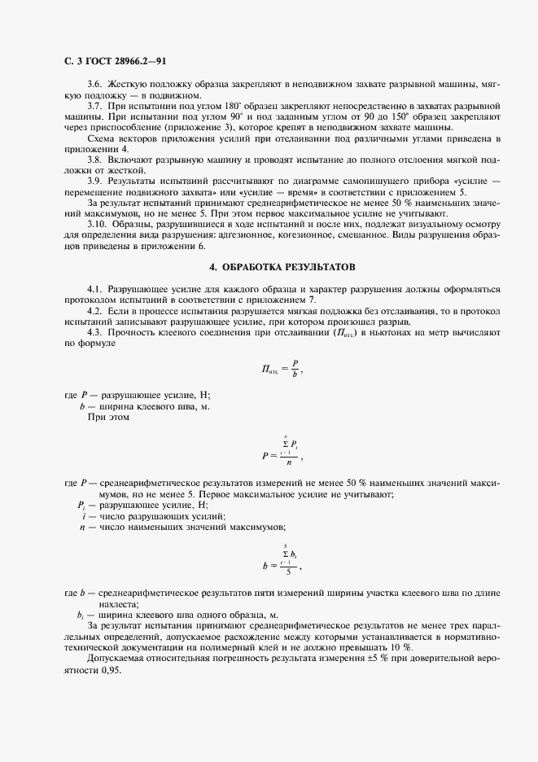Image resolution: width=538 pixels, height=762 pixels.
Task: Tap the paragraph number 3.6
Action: point(96,84)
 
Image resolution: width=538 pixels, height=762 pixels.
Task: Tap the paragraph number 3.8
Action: point(96,160)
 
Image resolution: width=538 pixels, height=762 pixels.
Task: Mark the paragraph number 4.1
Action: point(96,289)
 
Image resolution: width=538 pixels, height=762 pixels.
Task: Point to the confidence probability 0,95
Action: point(107,668)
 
